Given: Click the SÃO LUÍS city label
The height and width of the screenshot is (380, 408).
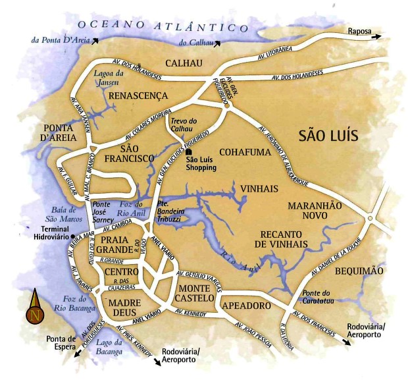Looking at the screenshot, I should [x=328, y=136].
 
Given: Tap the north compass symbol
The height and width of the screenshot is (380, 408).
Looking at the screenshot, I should [x=35, y=309].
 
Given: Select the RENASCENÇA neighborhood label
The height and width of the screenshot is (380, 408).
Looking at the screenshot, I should [x=138, y=96].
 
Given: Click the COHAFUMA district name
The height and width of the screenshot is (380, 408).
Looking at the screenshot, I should [x=243, y=152].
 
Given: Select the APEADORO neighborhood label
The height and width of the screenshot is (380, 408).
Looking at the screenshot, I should [x=246, y=306].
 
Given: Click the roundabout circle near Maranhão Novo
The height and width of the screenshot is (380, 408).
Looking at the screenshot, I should [x=370, y=219].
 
